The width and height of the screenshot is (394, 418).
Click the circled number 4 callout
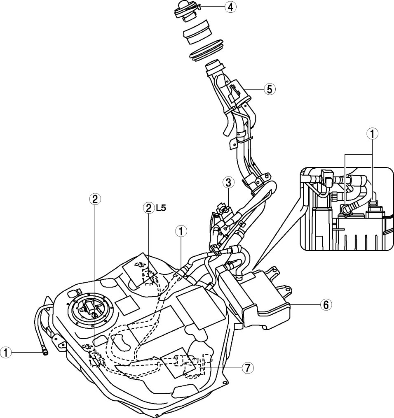[230, 7]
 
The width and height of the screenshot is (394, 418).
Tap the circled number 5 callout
[270, 89]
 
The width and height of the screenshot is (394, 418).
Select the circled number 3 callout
[228, 183]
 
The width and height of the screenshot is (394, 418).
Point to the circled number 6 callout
[326, 305]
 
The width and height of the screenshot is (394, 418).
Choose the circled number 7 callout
[248, 368]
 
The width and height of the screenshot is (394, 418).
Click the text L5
[161, 208]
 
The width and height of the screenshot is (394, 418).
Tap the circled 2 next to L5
[148, 208]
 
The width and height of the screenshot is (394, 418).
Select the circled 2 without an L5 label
[95, 199]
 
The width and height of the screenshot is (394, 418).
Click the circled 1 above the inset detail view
[372, 134]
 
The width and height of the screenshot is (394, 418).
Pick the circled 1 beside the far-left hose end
[6, 353]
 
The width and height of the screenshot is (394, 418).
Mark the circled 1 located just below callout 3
[181, 232]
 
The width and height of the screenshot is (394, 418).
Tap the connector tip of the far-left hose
[45, 353]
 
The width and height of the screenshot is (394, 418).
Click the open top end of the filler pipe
[215, 66]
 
